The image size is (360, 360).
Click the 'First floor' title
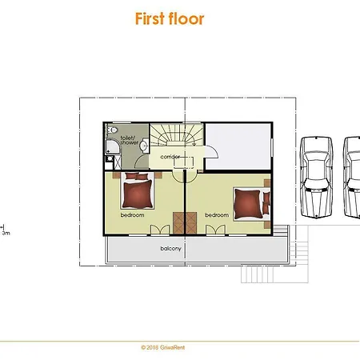click(170, 18)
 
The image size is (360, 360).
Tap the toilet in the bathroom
click(112, 130)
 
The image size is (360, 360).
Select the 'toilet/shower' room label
click(130, 140)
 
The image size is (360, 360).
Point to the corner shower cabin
click(114, 146)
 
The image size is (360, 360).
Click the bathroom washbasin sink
click(145, 146)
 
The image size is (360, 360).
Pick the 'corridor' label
click(170, 157)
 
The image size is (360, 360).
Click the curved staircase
click(177, 134)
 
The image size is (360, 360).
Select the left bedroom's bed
click(138, 190)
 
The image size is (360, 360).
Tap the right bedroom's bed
click(252, 204)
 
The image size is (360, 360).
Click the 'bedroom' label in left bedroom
click(132, 215)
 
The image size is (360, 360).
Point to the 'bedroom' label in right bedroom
click(217, 215)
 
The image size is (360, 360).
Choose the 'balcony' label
click(171, 249)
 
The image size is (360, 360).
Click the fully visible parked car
click(316, 177)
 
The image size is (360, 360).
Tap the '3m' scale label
click(6, 233)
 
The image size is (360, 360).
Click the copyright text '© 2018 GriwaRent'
click(162, 347)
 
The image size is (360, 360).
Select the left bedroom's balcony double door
click(160, 230)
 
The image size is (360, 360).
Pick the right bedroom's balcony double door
click(215, 230)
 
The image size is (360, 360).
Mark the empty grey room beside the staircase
click(238, 146)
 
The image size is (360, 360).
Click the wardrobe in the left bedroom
click(178, 223)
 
